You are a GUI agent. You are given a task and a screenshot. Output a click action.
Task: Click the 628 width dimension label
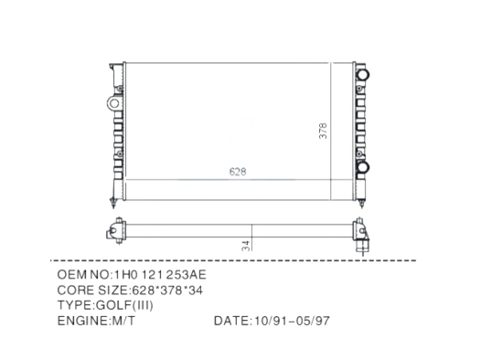point(238,172)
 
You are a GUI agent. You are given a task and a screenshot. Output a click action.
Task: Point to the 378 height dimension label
point(323,131)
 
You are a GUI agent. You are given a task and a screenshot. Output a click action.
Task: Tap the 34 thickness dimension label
point(246,246)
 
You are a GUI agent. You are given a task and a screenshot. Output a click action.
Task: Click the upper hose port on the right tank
point(363,74)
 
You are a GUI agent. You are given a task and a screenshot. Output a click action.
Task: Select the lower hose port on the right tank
point(363,167)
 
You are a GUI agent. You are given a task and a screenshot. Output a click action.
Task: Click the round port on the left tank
point(114,103)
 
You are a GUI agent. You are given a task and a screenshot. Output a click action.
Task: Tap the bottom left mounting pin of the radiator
point(113,204)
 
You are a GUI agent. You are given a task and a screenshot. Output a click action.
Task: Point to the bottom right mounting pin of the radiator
point(361,204)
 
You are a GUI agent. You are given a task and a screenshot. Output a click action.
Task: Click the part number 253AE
point(187,275)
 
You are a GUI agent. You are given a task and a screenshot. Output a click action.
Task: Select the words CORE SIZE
point(92,290)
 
